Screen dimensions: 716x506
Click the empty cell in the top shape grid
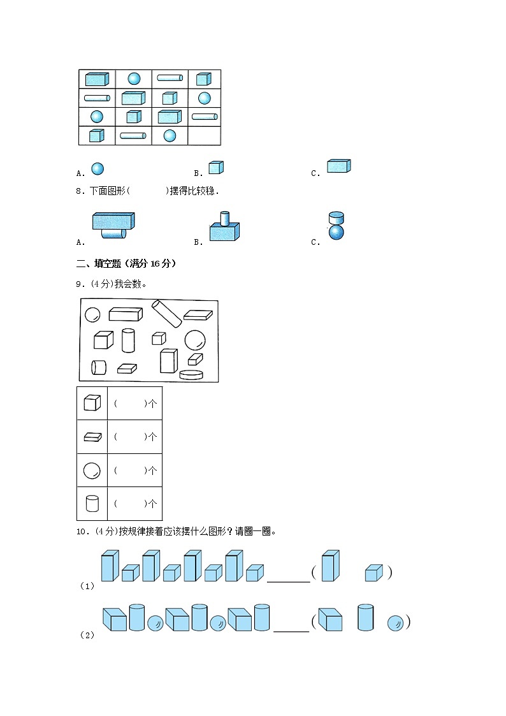click(x=204, y=135)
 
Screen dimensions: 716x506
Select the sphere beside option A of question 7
click(x=97, y=168)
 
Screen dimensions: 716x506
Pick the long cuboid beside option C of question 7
click(x=339, y=166)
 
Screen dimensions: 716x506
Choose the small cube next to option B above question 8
click(x=216, y=167)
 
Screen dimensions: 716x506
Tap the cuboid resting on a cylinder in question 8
click(x=113, y=221)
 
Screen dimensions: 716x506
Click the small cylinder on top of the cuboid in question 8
click(x=224, y=218)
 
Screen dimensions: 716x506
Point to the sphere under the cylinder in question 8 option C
click(x=336, y=232)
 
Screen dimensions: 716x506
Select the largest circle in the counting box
click(x=195, y=340)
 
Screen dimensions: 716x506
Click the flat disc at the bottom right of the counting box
click(x=191, y=374)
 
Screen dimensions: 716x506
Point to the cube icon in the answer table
click(x=92, y=403)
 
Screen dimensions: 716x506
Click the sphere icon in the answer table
click(x=92, y=471)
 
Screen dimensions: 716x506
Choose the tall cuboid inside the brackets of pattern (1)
click(x=330, y=566)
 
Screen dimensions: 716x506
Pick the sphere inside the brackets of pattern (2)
click(x=396, y=623)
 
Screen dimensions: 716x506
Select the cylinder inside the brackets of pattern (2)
click(x=365, y=617)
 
